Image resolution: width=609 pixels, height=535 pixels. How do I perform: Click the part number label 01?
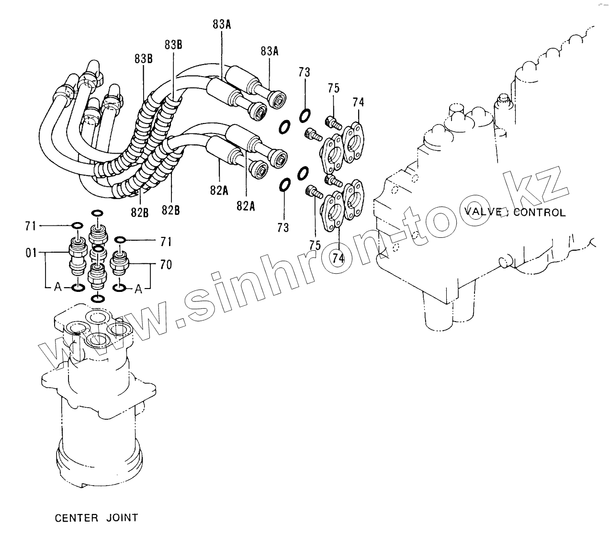[31, 252]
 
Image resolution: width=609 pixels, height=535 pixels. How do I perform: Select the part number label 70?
[166, 264]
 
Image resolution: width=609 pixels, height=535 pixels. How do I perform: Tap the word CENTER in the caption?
[76, 518]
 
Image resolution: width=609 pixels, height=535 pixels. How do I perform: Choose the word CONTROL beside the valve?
[539, 212]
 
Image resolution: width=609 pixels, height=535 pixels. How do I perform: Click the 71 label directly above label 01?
[31, 226]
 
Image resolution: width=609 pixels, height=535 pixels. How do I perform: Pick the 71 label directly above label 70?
[166, 242]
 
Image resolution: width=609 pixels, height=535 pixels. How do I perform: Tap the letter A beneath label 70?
[138, 289]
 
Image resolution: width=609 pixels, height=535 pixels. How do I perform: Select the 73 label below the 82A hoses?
[283, 228]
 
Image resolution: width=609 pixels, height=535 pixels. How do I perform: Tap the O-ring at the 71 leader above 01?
[77, 225]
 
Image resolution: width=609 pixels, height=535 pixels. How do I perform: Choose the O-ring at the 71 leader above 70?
[120, 239]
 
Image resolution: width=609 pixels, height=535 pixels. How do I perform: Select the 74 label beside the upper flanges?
[358, 102]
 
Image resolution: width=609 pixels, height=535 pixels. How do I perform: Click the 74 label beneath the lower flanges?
[338, 258]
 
